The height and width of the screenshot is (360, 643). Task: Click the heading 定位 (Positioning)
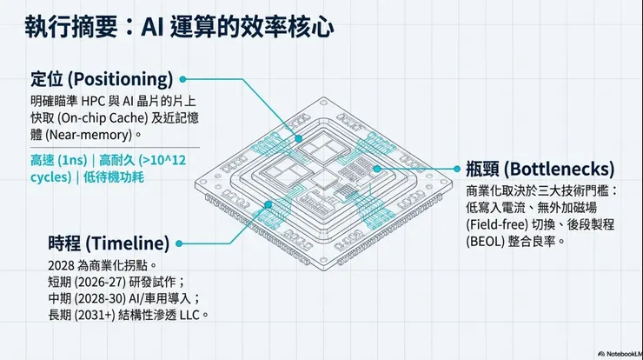(x=101, y=78)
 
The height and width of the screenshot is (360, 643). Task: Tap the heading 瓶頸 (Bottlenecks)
(x=540, y=168)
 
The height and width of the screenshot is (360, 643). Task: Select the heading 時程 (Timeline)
(x=108, y=242)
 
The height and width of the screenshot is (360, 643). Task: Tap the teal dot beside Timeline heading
(x=179, y=243)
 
